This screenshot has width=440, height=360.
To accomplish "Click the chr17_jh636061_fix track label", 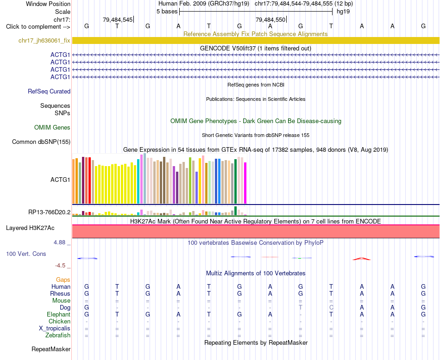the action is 44,40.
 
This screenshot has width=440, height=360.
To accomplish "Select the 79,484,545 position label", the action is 118,19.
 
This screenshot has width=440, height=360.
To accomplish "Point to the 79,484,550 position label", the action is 270,19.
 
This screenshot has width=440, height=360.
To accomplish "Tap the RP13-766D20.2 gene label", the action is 49,212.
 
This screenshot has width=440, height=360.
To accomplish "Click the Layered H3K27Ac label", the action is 30,228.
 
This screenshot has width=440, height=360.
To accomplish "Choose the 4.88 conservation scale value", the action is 59,242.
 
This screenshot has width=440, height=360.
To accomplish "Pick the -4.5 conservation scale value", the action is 60,265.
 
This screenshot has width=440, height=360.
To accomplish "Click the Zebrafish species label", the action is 58,335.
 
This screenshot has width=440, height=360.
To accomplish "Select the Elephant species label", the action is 58,314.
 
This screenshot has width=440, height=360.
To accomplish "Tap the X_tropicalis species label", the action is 55,329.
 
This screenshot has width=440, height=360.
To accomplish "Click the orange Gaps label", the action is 63,279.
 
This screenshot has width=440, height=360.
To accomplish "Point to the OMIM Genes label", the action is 52,127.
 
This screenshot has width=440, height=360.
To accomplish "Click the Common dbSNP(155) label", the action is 41,142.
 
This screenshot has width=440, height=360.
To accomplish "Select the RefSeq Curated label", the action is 49,91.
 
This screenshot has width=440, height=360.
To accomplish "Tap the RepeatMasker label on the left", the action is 51,349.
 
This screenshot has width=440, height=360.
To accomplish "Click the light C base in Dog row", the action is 331,307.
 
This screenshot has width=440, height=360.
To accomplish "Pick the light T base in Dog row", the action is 301,307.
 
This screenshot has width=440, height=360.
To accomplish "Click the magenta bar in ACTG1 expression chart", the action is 245,183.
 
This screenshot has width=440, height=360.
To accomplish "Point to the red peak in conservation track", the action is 361,259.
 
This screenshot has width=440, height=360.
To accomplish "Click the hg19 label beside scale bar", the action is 343,12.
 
